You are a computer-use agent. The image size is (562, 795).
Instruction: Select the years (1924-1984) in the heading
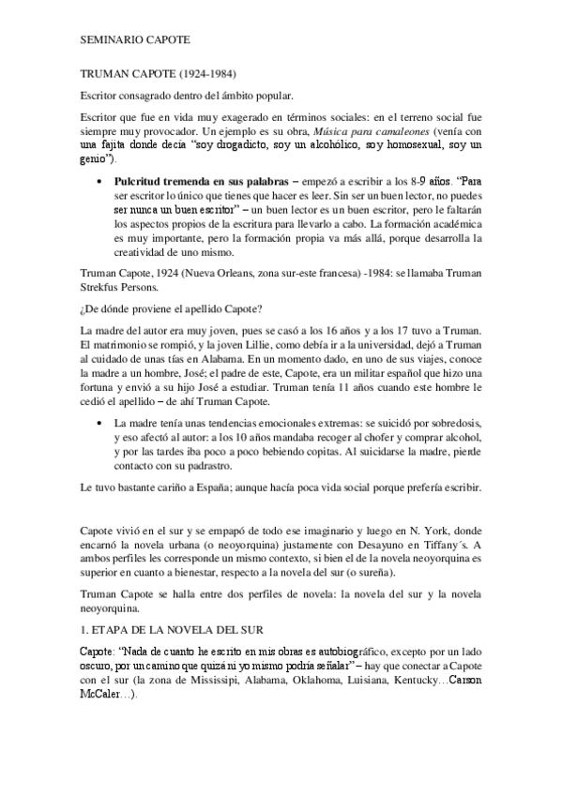pos(204,73)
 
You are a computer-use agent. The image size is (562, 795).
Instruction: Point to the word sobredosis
pos(455,425)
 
